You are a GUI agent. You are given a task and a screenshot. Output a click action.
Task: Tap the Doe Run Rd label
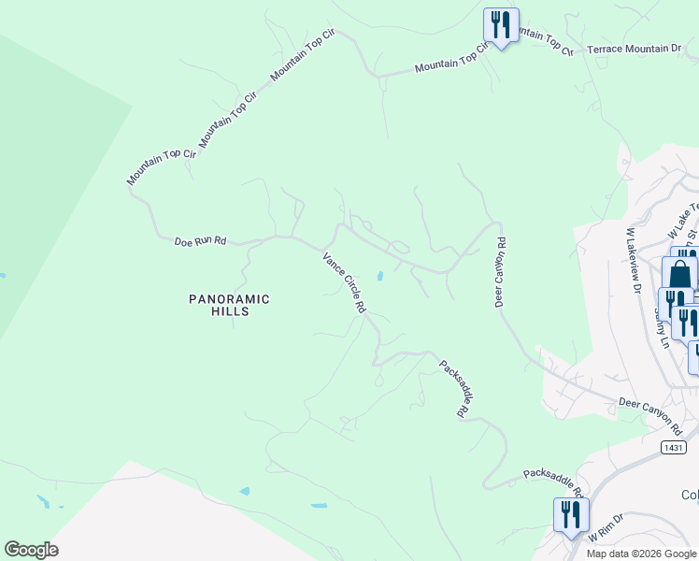click(200, 241)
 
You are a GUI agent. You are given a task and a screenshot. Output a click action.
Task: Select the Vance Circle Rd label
click(343, 281)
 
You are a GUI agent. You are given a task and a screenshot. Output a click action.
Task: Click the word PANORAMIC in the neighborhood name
click(229, 299)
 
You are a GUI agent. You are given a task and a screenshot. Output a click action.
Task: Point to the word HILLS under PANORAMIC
click(229, 311)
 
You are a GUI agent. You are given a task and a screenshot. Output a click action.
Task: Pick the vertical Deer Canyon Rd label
click(501, 272)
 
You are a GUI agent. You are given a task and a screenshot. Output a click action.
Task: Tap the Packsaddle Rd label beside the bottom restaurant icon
click(553, 484)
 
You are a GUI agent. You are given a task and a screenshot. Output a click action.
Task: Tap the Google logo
click(31, 550)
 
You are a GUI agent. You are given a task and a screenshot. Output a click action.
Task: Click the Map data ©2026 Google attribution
click(640, 554)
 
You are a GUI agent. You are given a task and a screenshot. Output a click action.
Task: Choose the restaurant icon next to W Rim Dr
click(570, 514)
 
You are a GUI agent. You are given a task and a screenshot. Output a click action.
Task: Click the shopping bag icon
click(679, 274)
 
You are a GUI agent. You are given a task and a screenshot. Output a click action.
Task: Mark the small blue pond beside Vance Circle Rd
click(379, 276)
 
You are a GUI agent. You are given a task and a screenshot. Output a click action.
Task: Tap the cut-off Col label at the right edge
click(690, 495)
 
